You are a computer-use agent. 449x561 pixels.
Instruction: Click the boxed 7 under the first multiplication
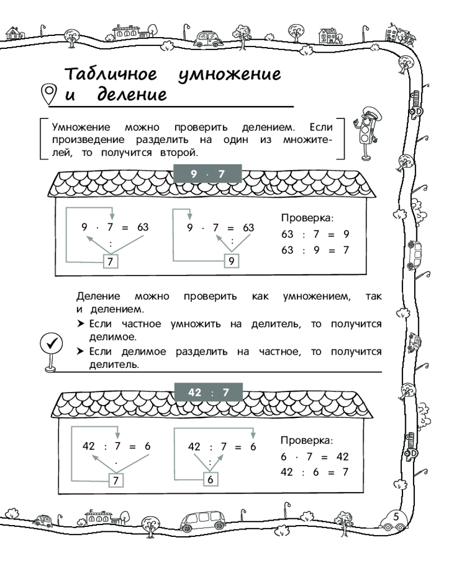[111, 261]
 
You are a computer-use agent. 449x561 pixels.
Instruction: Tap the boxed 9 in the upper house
[231, 261]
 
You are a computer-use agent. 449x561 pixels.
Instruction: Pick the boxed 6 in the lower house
[209, 480]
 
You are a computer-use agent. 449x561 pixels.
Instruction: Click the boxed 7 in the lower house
[116, 480]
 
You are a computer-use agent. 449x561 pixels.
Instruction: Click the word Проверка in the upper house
[307, 217]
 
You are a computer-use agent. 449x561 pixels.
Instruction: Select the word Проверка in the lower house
[307, 440]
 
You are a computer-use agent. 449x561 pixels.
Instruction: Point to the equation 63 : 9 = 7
[315, 250]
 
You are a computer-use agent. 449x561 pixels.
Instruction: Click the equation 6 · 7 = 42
[315, 457]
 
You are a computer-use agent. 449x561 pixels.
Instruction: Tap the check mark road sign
[52, 343]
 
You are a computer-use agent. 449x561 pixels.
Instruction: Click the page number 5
[396, 516]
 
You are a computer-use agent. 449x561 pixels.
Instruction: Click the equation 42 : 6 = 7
[315, 472]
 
